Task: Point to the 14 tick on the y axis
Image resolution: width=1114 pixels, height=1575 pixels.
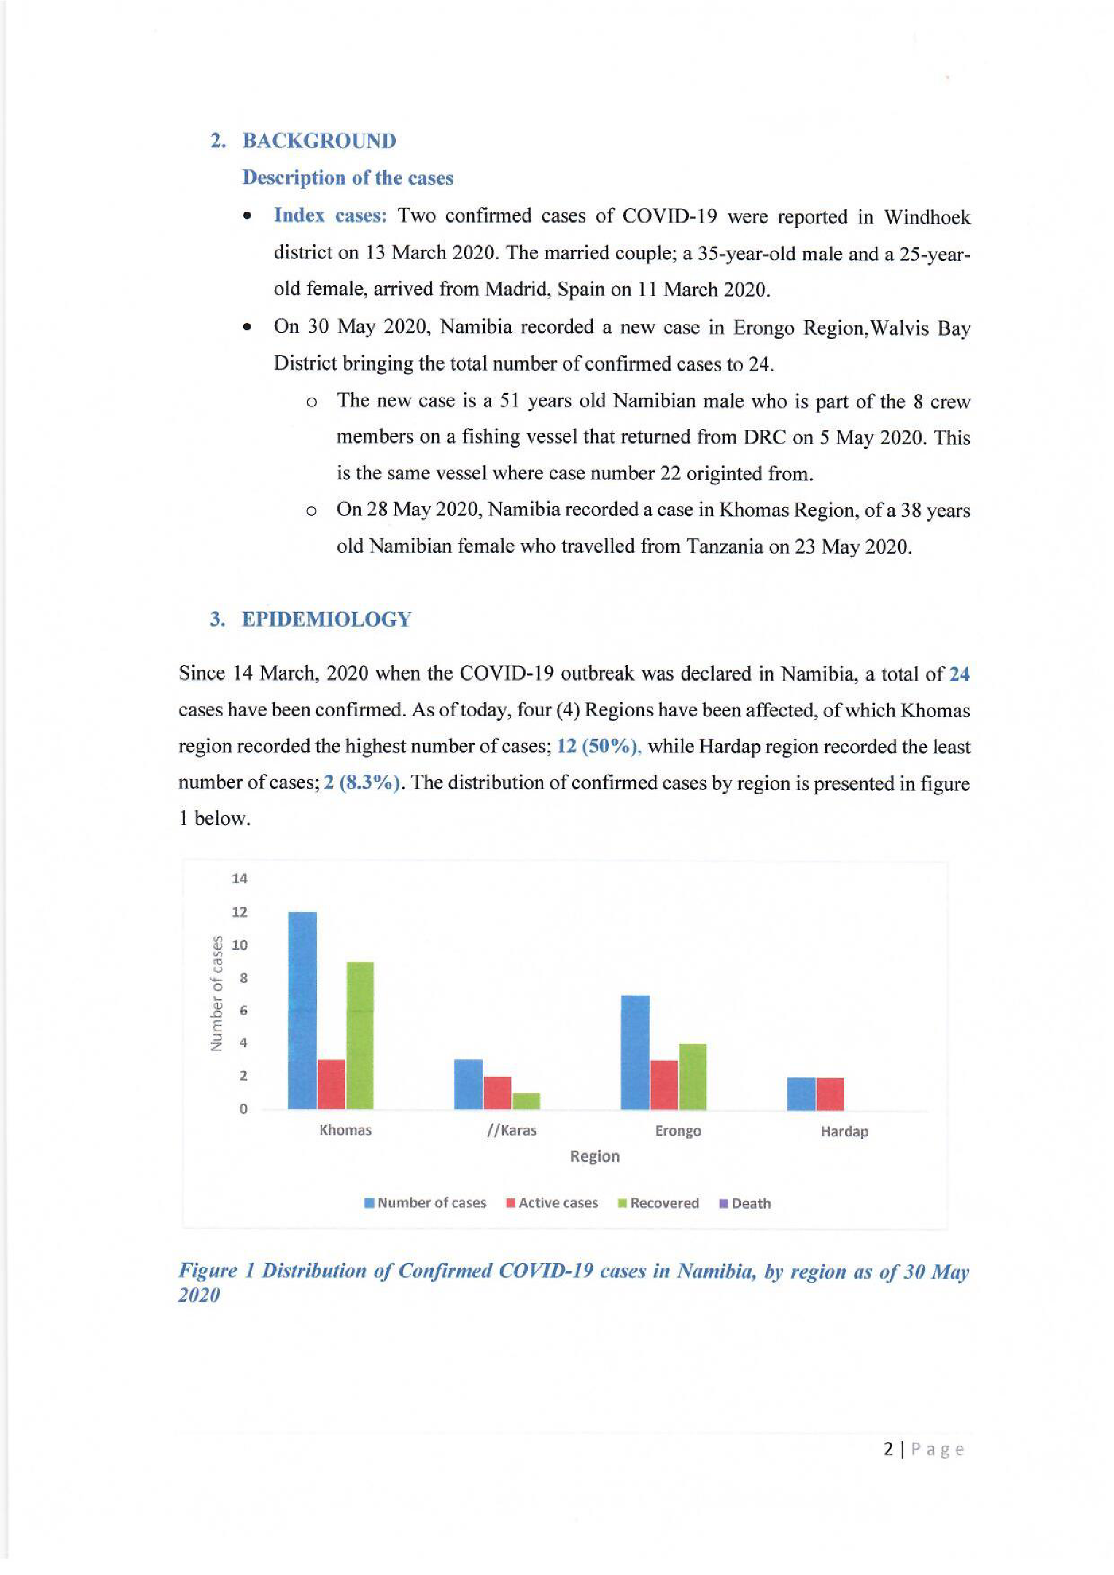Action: (x=239, y=878)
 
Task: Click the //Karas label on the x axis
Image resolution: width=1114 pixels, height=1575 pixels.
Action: (x=511, y=1130)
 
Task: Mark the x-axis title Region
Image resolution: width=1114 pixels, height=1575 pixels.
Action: (x=595, y=1156)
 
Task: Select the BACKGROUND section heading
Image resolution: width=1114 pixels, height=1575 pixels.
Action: (x=319, y=141)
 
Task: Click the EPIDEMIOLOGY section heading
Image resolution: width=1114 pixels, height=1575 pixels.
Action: (x=327, y=620)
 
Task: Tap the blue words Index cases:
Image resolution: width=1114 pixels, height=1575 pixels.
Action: (x=330, y=216)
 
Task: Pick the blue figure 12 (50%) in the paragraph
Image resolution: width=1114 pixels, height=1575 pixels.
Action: (x=598, y=746)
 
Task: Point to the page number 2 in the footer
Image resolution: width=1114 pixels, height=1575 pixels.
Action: (x=889, y=1449)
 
